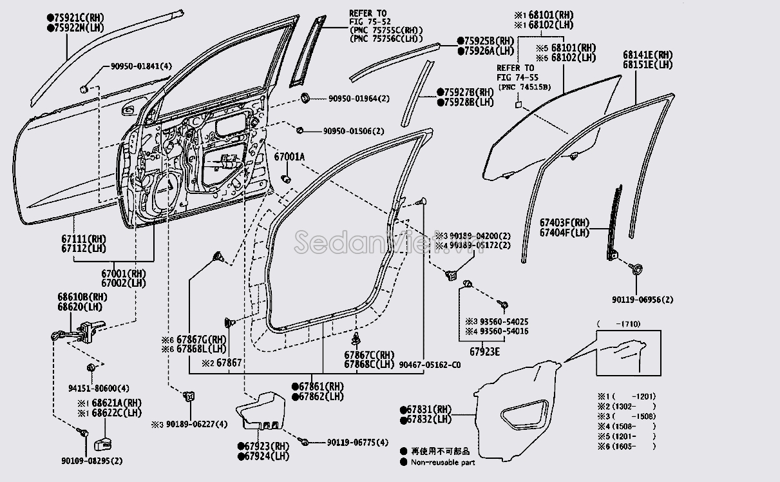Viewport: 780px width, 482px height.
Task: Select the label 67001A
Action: click(289, 157)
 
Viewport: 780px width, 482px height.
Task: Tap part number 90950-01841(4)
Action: click(136, 66)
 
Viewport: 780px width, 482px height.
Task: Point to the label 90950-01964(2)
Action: click(359, 99)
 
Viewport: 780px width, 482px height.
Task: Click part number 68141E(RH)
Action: click(647, 55)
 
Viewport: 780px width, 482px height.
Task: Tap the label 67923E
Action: click(484, 352)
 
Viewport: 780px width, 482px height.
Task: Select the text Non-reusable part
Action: click(443, 462)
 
